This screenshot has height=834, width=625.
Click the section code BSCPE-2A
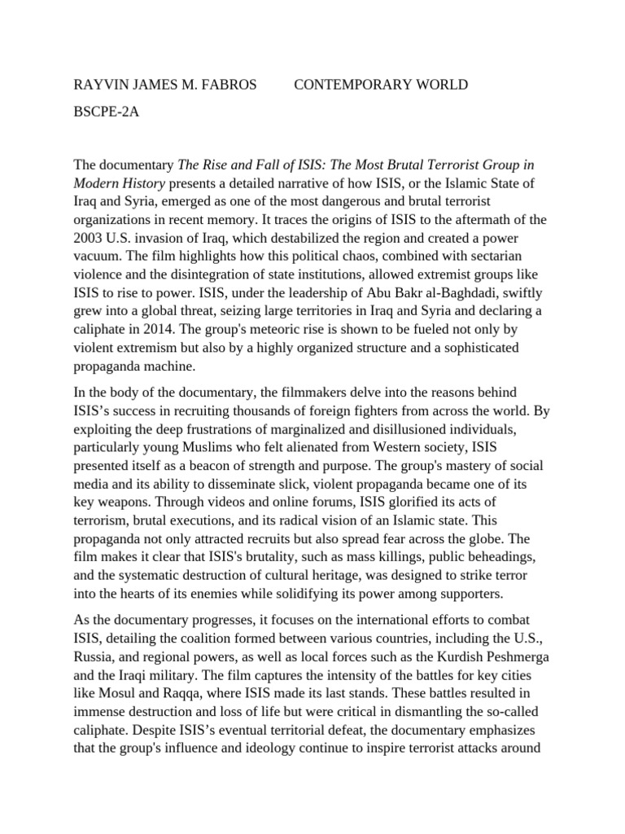(x=106, y=112)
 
